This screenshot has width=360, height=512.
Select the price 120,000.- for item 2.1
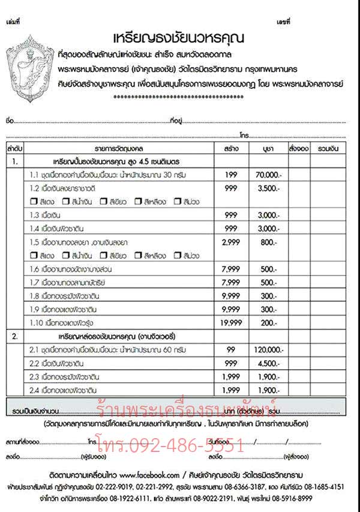tap(266, 349)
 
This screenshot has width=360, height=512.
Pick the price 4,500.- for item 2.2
tap(266, 363)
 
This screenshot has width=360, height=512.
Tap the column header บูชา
tap(266, 147)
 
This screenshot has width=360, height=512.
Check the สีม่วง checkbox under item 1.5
tap(177, 255)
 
